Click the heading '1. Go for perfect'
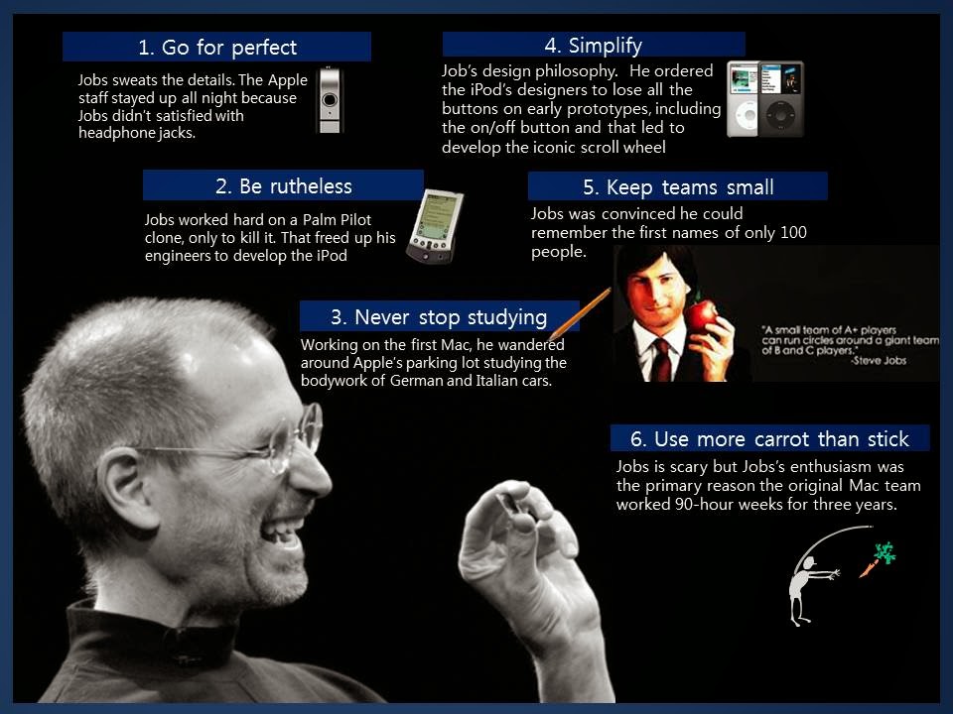coord(216,47)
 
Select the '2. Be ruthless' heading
coord(283,186)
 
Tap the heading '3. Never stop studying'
coord(439,317)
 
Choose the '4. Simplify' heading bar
coord(593,46)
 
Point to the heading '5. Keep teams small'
coord(677,187)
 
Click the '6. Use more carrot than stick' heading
coord(769,439)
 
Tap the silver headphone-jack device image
coord(330,100)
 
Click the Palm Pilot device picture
coord(436,226)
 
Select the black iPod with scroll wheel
coord(781,99)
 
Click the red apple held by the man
coord(702,315)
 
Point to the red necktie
coord(661,360)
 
